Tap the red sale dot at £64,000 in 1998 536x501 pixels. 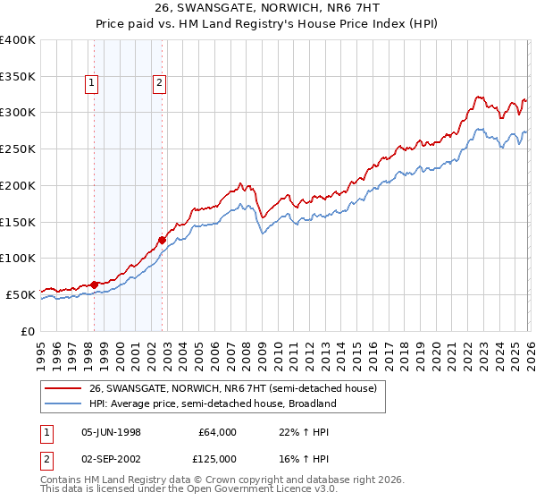(95, 284)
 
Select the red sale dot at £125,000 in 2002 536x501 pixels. (162, 240)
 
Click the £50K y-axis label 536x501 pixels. (21, 293)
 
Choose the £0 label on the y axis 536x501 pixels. (28, 330)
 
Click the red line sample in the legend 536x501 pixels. (63, 388)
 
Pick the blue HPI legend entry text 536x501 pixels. (213, 403)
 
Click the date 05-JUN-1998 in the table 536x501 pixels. (112, 432)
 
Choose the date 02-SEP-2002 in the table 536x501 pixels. (112, 458)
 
